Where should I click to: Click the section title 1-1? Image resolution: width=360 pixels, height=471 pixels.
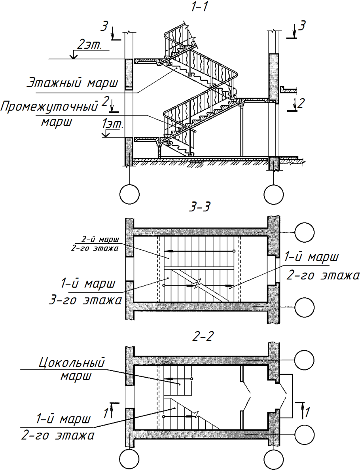tap(200, 7)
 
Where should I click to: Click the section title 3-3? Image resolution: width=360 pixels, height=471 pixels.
tap(200, 207)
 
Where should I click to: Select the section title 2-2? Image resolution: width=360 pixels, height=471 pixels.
tap(203, 336)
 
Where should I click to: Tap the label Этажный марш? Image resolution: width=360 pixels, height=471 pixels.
tap(73, 83)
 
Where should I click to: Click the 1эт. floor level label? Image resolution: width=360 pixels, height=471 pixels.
tap(113, 124)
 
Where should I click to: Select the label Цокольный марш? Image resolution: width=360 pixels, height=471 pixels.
tap(72, 369)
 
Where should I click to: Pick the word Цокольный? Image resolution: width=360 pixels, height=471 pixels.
tap(72, 363)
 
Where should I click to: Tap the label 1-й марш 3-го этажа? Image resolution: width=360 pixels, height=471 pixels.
tap(85, 292)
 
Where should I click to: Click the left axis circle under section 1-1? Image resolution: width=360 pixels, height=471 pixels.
tap(129, 194)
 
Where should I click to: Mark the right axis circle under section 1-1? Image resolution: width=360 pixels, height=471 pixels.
tap(273, 194)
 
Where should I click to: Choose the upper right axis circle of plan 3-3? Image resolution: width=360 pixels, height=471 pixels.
tap(304, 232)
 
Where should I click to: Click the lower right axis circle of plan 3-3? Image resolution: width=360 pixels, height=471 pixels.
tap(304, 307)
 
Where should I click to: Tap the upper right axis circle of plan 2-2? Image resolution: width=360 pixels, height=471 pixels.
tap(304, 360)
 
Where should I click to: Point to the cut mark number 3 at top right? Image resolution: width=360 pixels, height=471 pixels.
tap(302, 26)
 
